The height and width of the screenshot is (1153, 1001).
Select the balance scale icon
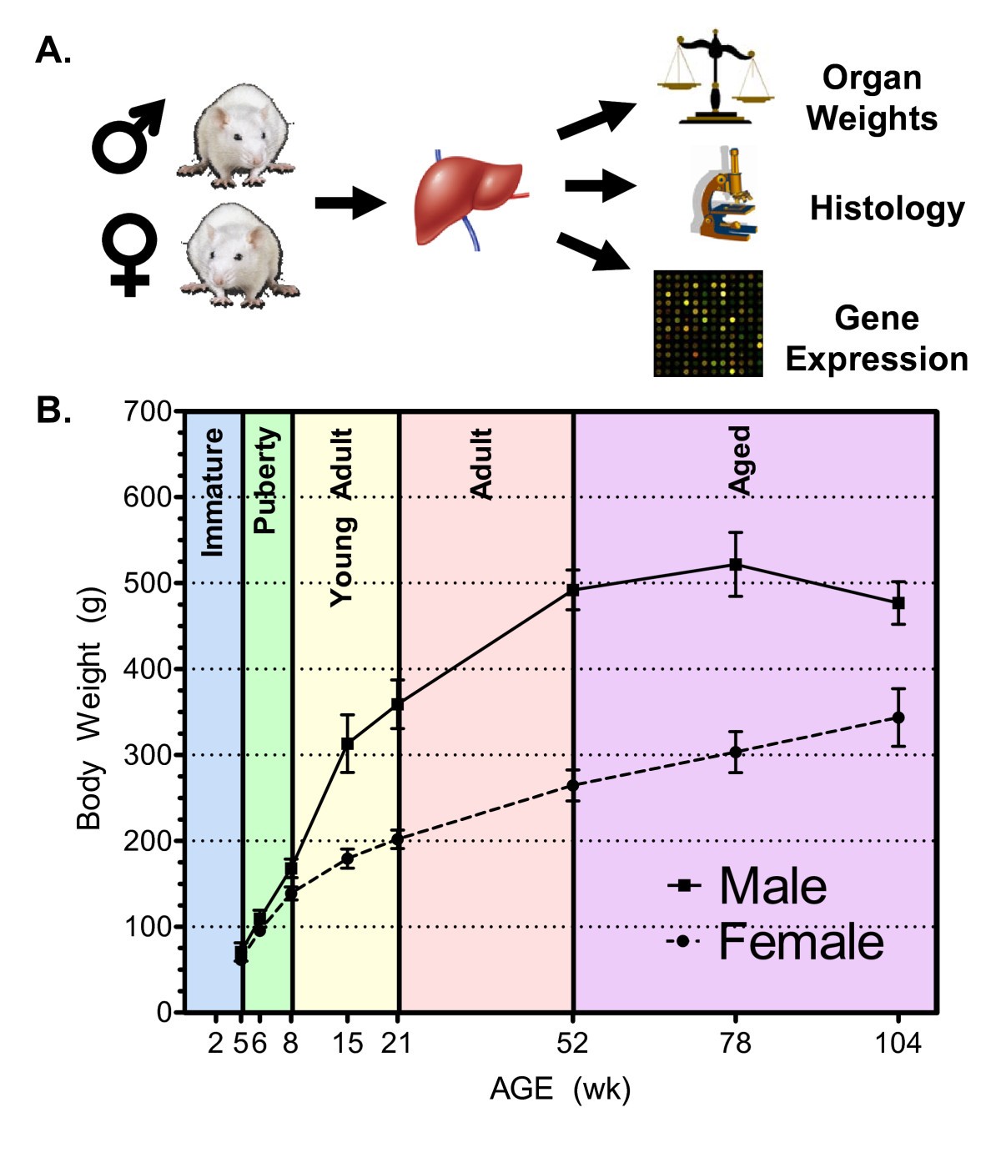[715, 79]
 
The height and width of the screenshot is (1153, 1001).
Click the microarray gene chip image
[707, 323]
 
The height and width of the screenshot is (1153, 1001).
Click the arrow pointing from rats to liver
[350, 202]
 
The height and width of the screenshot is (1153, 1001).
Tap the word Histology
[887, 209]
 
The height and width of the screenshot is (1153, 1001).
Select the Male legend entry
[747, 886]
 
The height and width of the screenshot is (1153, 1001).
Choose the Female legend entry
[775, 942]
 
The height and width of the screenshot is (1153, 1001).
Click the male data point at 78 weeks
[736, 565]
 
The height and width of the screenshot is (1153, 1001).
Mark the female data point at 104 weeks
[898, 717]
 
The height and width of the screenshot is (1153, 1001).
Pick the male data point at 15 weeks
[347, 743]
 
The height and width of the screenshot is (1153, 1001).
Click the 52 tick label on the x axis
[573, 1043]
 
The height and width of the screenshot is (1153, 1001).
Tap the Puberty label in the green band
[264, 481]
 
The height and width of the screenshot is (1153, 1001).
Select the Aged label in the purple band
[739, 461]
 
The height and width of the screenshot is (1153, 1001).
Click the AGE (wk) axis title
[560, 1089]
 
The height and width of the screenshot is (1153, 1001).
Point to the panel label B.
[53, 410]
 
